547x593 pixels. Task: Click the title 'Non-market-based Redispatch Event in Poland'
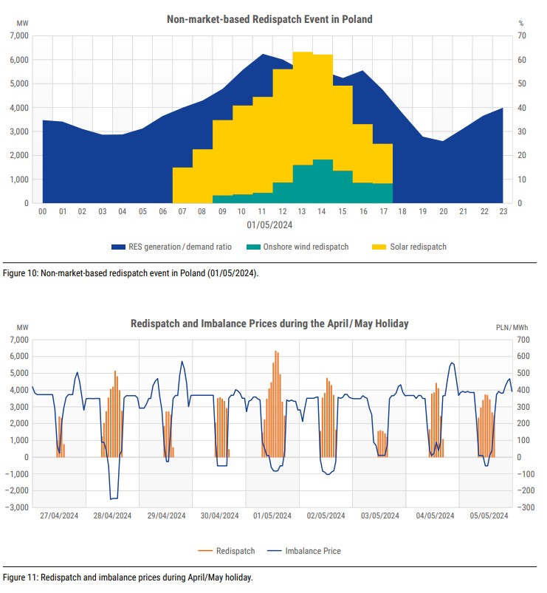[269, 19]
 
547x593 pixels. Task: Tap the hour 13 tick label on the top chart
[303, 211]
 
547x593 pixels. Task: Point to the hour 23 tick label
[503, 211]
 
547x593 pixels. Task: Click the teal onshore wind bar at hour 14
[323, 182]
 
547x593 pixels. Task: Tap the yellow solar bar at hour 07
[182, 185]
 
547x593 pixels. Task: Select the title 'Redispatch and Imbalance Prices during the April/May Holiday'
[269, 323]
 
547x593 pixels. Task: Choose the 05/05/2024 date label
[487, 515]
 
